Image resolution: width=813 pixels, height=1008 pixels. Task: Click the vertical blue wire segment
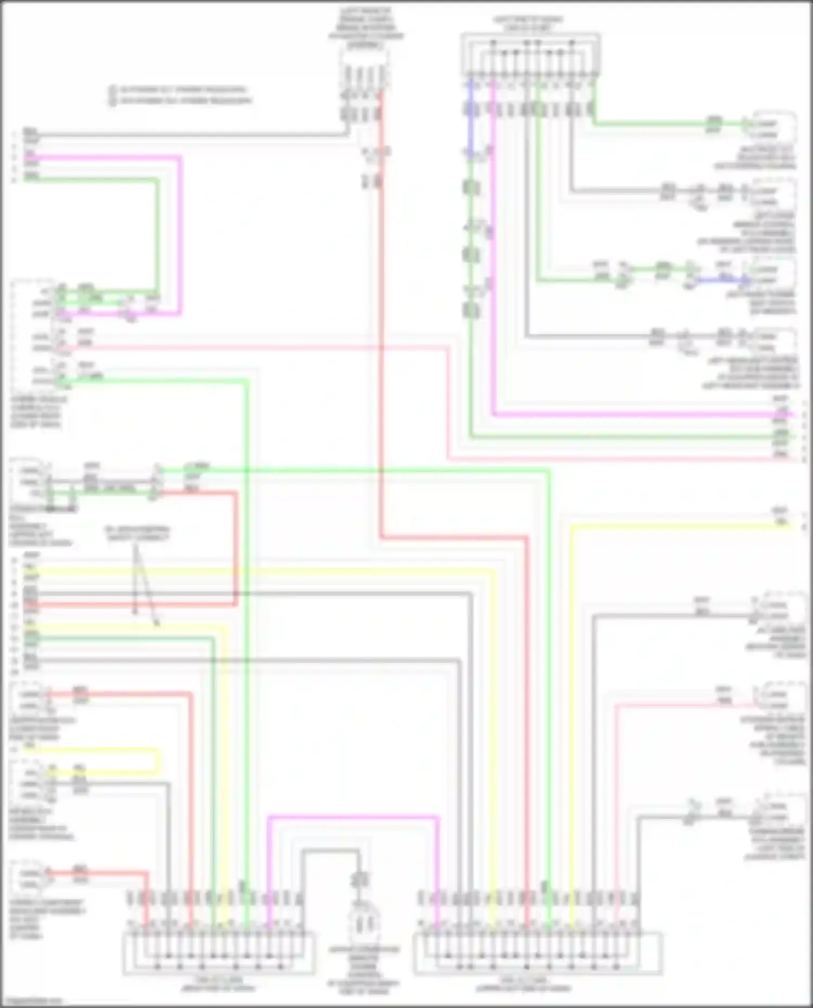471,119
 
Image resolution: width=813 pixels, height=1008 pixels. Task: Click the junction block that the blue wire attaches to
530,54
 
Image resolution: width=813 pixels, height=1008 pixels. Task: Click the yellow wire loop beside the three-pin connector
157,761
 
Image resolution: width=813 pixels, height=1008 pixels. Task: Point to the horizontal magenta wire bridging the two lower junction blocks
352,817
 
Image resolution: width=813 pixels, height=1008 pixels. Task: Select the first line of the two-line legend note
182,89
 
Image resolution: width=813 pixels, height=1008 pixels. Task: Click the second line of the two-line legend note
184,101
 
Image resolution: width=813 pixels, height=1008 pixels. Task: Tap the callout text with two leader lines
137,533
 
